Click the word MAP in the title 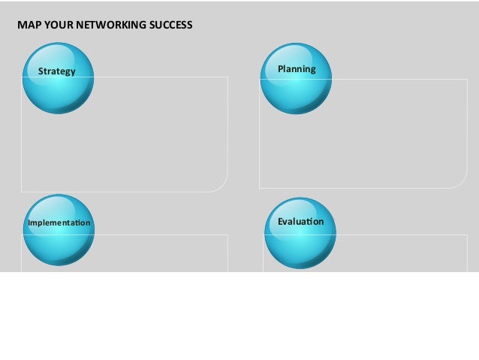pos(27,25)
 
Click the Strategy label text pos(57,71)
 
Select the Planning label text pos(297,69)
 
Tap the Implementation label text pos(59,223)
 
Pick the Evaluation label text pos(300,222)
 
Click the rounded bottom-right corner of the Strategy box pos(221,185)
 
